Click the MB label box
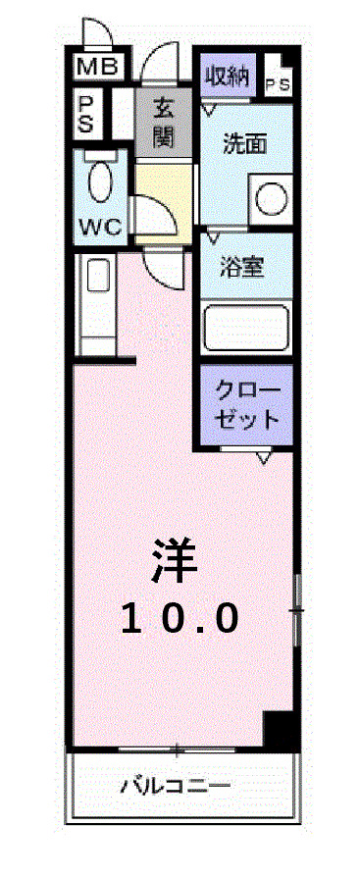(x=98, y=67)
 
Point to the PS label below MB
(x=87, y=113)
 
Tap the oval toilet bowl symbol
(x=99, y=184)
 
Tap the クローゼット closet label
(x=246, y=404)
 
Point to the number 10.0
(x=180, y=617)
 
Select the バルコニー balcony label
(x=177, y=786)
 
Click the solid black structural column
(x=281, y=731)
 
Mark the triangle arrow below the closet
(x=263, y=457)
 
